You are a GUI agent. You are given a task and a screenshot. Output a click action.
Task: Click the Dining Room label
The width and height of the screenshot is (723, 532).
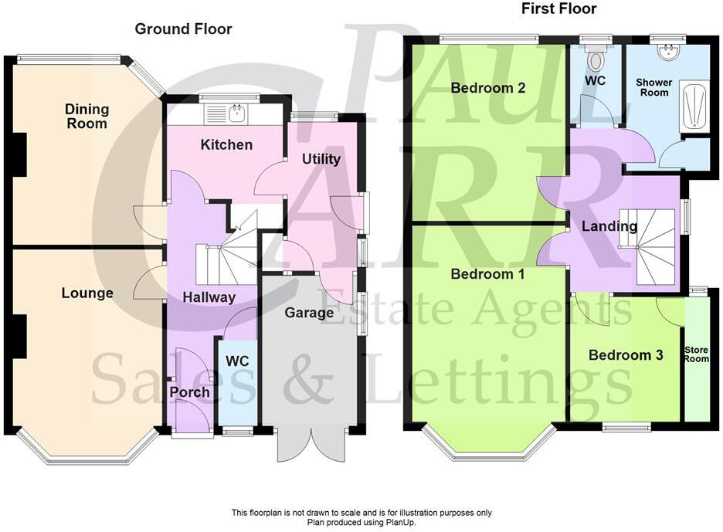(87, 116)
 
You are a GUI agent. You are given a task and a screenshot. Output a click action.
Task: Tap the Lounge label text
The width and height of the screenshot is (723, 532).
(87, 293)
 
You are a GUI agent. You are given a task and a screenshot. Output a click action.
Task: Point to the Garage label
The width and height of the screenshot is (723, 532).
(309, 313)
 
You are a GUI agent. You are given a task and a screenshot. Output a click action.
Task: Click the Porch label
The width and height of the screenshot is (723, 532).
(189, 392)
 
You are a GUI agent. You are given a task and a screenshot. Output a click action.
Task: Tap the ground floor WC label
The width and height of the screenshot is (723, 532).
(237, 361)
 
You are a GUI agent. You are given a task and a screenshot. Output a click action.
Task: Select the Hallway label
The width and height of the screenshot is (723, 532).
(209, 297)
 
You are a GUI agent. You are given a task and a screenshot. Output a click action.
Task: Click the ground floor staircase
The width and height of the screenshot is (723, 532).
(224, 263)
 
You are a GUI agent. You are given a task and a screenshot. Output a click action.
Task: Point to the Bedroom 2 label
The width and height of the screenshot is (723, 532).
(488, 88)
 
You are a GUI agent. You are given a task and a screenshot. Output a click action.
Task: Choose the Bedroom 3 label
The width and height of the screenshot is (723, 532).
(626, 355)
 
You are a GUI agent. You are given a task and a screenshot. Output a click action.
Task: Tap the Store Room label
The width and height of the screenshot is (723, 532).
(696, 354)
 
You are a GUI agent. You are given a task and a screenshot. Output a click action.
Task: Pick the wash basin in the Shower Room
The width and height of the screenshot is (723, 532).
(667, 51)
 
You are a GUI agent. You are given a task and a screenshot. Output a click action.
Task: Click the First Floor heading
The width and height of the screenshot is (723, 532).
(558, 9)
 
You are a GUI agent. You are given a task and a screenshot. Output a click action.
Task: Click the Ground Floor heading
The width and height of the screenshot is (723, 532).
(183, 29)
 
